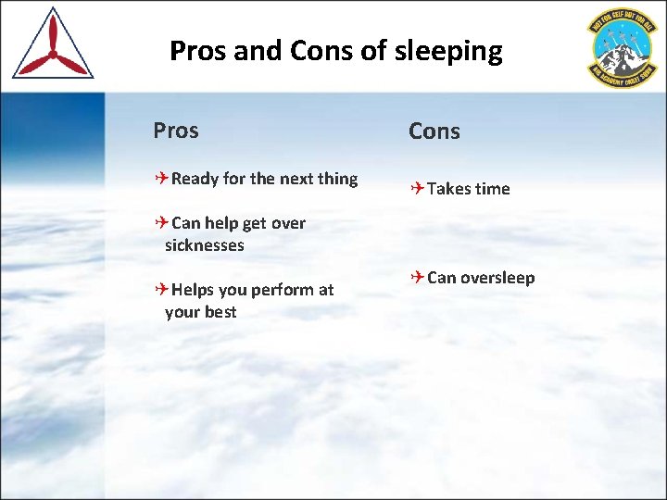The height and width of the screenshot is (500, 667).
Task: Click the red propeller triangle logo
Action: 53,45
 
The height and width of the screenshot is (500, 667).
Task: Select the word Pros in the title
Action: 198,51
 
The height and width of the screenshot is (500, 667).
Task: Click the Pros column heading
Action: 176,131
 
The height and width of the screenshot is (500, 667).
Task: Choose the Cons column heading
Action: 434,131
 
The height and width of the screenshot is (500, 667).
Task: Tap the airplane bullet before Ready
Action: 162,179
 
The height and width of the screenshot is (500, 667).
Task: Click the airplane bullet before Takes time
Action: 418,189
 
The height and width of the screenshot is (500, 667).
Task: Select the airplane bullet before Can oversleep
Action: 418,278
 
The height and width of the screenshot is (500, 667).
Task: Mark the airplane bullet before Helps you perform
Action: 162,290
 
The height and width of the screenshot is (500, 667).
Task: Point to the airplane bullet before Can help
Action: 162,223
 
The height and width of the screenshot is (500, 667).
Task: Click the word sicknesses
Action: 204,245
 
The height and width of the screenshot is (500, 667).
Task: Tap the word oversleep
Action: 497,279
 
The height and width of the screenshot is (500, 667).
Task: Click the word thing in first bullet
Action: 337,179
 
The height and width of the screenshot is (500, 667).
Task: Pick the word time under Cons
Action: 492,189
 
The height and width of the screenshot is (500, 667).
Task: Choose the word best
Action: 220,312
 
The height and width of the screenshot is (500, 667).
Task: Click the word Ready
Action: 195,179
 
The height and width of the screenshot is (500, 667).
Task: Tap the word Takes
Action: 449,189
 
